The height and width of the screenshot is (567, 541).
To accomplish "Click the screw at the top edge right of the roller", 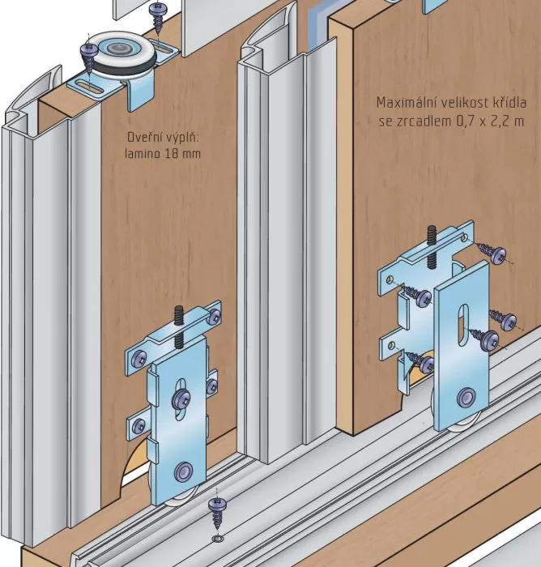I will [x=155, y=12].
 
